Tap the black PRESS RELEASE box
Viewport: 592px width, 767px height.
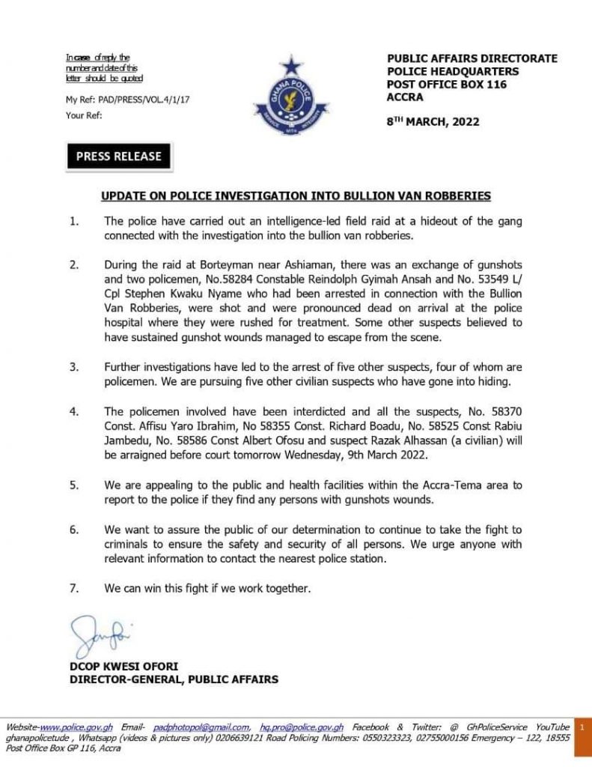point(119,157)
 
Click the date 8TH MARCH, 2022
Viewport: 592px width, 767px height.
point(433,121)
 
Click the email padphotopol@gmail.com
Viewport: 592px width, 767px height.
point(201,727)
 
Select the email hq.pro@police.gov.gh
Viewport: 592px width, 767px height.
point(302,727)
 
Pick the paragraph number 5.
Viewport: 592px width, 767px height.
point(73,485)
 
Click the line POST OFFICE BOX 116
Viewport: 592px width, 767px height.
point(446,85)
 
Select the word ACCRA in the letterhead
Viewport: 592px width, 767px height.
point(405,97)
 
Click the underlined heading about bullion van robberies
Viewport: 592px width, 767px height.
point(296,196)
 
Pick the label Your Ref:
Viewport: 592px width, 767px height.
point(84,115)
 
